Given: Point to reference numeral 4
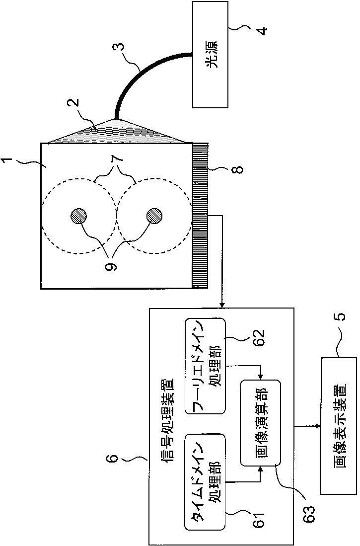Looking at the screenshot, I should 264,28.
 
